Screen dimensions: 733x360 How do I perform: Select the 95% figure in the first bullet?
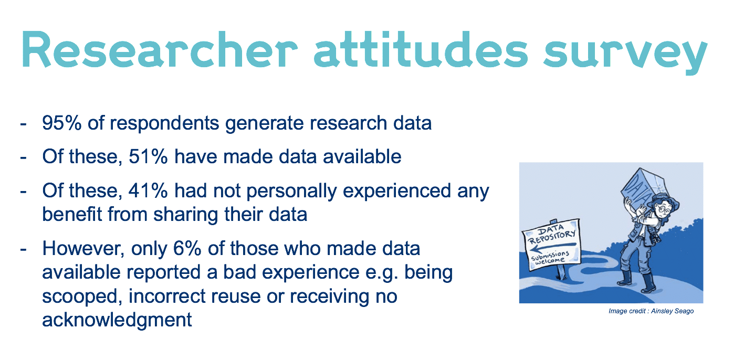[x=62, y=123]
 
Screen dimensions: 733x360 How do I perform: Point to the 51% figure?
[x=148, y=156]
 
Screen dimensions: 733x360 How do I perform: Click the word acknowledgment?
[x=117, y=320]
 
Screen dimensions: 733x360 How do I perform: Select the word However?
[x=83, y=249]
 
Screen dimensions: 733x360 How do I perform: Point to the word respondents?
[x=164, y=124]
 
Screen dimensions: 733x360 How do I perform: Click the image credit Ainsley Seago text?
[x=651, y=311]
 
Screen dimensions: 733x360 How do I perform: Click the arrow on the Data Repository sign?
[x=553, y=247]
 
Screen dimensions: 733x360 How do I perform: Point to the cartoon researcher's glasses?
[x=662, y=208]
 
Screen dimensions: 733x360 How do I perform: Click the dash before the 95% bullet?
[x=23, y=124]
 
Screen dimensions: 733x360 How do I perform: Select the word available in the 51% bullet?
[x=362, y=156]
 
